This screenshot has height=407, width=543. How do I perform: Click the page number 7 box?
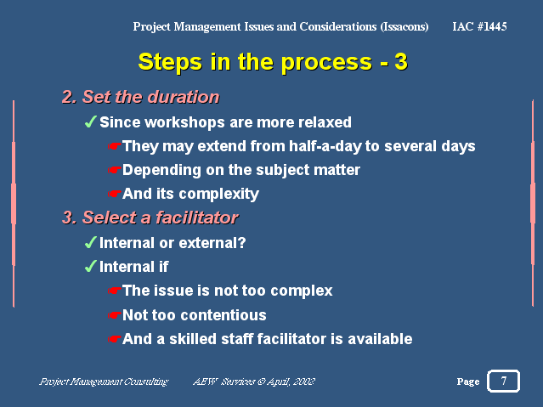(x=503, y=381)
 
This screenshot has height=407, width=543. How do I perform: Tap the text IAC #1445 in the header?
(x=479, y=26)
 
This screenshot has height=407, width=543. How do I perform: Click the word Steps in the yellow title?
(x=170, y=62)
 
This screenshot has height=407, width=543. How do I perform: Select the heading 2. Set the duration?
(x=140, y=97)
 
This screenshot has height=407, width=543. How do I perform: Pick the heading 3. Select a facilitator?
(x=150, y=218)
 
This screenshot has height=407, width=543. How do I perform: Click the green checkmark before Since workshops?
(x=90, y=122)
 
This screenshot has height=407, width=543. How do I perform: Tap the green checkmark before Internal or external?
(x=90, y=242)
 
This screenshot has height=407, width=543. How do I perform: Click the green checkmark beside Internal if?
(x=90, y=266)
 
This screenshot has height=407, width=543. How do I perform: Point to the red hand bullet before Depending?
(x=114, y=170)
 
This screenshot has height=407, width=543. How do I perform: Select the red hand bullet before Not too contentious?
(x=114, y=315)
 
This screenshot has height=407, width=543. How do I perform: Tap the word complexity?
(x=219, y=194)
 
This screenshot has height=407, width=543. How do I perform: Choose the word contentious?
(x=223, y=315)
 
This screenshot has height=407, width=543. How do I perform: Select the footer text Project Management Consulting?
(x=104, y=382)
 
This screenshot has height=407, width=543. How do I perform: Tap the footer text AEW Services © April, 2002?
(x=254, y=382)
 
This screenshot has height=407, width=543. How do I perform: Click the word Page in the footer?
(x=468, y=382)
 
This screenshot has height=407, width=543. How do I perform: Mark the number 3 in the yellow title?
(x=401, y=62)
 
